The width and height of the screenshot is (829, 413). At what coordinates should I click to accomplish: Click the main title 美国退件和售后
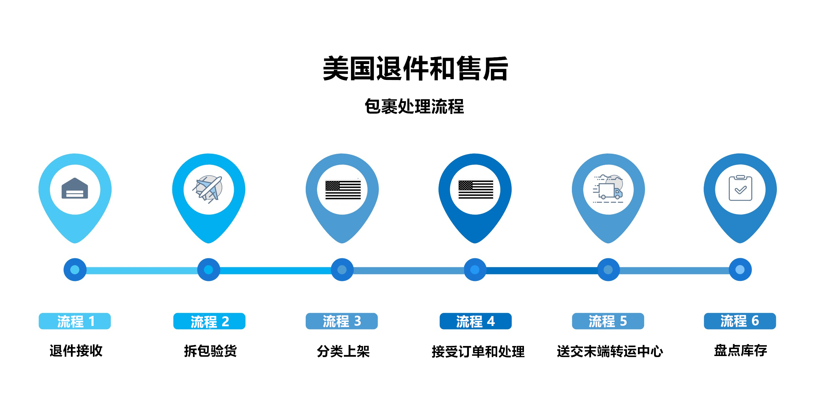click(x=415, y=68)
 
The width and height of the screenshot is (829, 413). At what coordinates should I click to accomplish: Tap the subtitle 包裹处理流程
click(x=414, y=106)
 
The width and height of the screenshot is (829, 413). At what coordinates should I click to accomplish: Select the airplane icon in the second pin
click(x=208, y=189)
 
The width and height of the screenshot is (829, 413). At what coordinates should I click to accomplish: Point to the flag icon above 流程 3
click(x=343, y=190)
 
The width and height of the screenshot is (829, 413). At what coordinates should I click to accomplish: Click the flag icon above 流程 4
click(x=475, y=190)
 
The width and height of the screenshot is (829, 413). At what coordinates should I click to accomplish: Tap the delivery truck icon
click(x=608, y=189)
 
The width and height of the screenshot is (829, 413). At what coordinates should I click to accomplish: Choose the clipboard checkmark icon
click(x=740, y=189)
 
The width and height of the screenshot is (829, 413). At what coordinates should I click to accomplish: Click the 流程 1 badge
click(x=75, y=321)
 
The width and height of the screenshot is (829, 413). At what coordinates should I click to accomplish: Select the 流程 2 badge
click(x=209, y=321)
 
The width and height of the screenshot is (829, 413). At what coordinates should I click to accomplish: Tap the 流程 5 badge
click(x=608, y=321)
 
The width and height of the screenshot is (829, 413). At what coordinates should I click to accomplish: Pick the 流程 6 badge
click(x=740, y=321)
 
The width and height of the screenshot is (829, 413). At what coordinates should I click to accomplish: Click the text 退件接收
click(x=76, y=351)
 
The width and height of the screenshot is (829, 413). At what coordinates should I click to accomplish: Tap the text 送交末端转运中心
click(x=610, y=352)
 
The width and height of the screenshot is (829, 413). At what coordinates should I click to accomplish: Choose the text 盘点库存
click(x=741, y=351)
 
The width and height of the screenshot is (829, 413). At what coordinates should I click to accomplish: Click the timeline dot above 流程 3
click(x=342, y=270)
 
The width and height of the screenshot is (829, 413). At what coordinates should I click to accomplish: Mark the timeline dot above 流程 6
click(x=740, y=270)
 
